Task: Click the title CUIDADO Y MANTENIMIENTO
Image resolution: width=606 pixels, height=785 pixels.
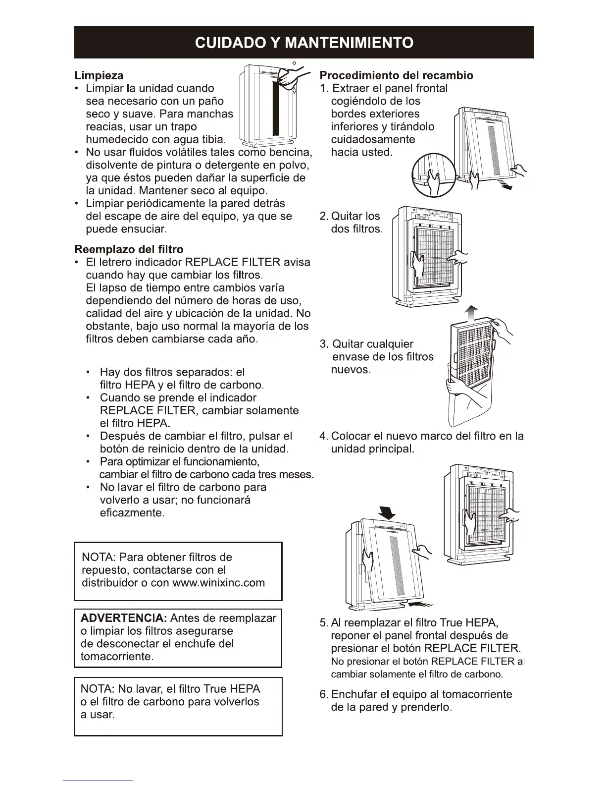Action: (304, 43)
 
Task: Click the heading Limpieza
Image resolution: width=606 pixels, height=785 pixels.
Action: (99, 75)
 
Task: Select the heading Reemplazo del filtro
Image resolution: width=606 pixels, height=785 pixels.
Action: (129, 249)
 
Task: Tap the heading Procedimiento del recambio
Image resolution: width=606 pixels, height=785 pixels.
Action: (396, 75)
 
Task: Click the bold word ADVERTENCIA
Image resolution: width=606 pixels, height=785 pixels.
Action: (123, 618)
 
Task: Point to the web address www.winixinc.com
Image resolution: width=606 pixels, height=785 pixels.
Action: (218, 583)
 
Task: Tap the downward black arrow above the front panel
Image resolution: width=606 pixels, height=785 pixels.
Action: (386, 512)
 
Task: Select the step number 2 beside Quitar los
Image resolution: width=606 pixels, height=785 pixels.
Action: (323, 216)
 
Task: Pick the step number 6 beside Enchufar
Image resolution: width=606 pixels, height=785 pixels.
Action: (324, 694)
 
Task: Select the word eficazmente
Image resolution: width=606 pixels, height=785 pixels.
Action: (131, 513)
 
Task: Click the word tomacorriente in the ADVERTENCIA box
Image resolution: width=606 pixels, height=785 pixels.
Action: (116, 657)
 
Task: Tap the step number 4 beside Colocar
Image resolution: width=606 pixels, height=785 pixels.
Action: (324, 436)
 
